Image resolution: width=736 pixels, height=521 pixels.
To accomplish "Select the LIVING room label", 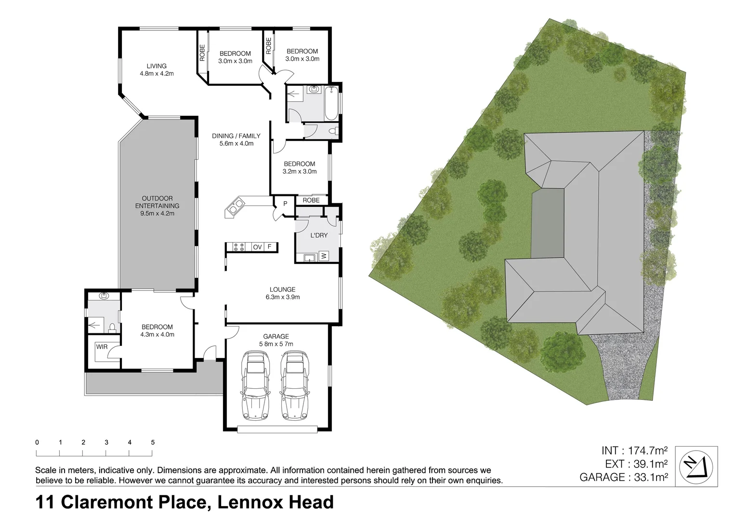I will coord(157,66).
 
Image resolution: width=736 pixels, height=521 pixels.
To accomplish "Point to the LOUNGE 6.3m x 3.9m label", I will coord(282,293).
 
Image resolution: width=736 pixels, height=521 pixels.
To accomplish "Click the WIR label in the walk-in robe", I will coord(102,346).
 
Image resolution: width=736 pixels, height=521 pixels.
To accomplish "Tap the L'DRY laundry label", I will coord(319,235).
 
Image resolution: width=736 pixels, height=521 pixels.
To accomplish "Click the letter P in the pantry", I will coord(285,204).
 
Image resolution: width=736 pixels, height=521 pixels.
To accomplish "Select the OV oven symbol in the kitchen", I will coord(258,247).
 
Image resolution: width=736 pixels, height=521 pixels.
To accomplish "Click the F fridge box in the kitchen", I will coord(270,247).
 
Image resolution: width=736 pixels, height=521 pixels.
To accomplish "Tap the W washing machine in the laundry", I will coord(324,256).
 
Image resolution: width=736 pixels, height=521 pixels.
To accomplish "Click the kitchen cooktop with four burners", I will coord(239,247).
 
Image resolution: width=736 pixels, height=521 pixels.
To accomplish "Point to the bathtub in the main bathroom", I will coord(332,104).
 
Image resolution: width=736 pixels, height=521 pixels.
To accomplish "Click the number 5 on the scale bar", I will coord(153,442).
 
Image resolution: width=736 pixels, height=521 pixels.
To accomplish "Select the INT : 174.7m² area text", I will coord(634,451).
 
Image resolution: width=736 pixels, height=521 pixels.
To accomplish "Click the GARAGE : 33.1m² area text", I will coord(623,477).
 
